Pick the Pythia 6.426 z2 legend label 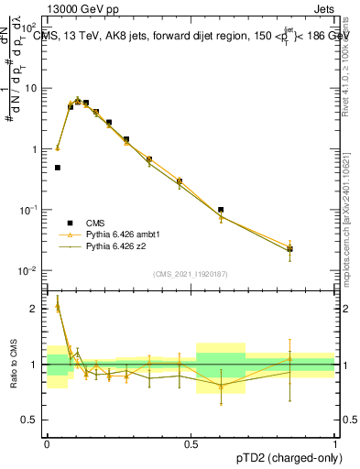(x=117, y=246)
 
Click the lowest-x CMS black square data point (x=58, y=168)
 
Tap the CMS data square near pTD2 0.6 (x=221, y=210)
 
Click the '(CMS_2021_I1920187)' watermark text (x=191, y=274)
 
